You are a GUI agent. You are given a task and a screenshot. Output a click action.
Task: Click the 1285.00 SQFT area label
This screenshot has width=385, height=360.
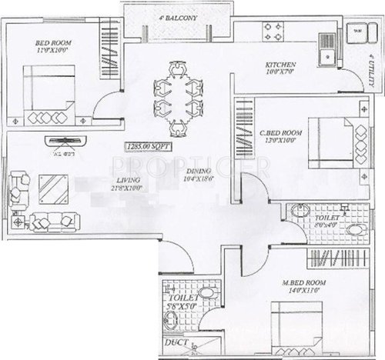pos(149,144)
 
